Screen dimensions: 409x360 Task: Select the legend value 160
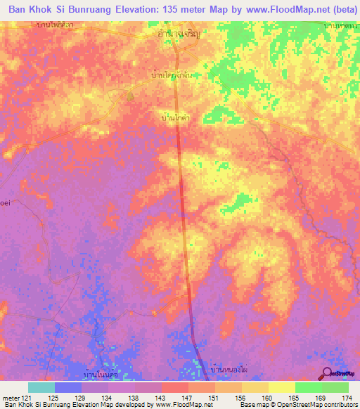click(x=266, y=398)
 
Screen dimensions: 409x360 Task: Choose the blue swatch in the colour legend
click(x=68, y=387)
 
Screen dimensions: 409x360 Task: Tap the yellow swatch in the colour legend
click(x=282, y=387)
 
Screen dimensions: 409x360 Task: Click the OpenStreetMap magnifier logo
click(x=326, y=375)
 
